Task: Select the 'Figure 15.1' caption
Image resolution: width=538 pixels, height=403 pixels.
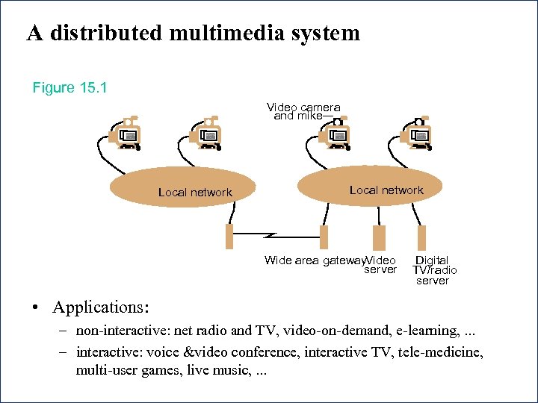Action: (69, 88)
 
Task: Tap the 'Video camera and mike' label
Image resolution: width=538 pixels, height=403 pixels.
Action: (303, 111)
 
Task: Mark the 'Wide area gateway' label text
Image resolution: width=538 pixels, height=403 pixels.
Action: (314, 260)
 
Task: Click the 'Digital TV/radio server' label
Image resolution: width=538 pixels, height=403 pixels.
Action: (434, 270)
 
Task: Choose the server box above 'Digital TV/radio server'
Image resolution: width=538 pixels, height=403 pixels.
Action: (421, 237)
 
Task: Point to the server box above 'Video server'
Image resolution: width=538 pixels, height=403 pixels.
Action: (379, 237)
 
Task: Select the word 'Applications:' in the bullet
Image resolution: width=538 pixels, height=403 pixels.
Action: (101, 307)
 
